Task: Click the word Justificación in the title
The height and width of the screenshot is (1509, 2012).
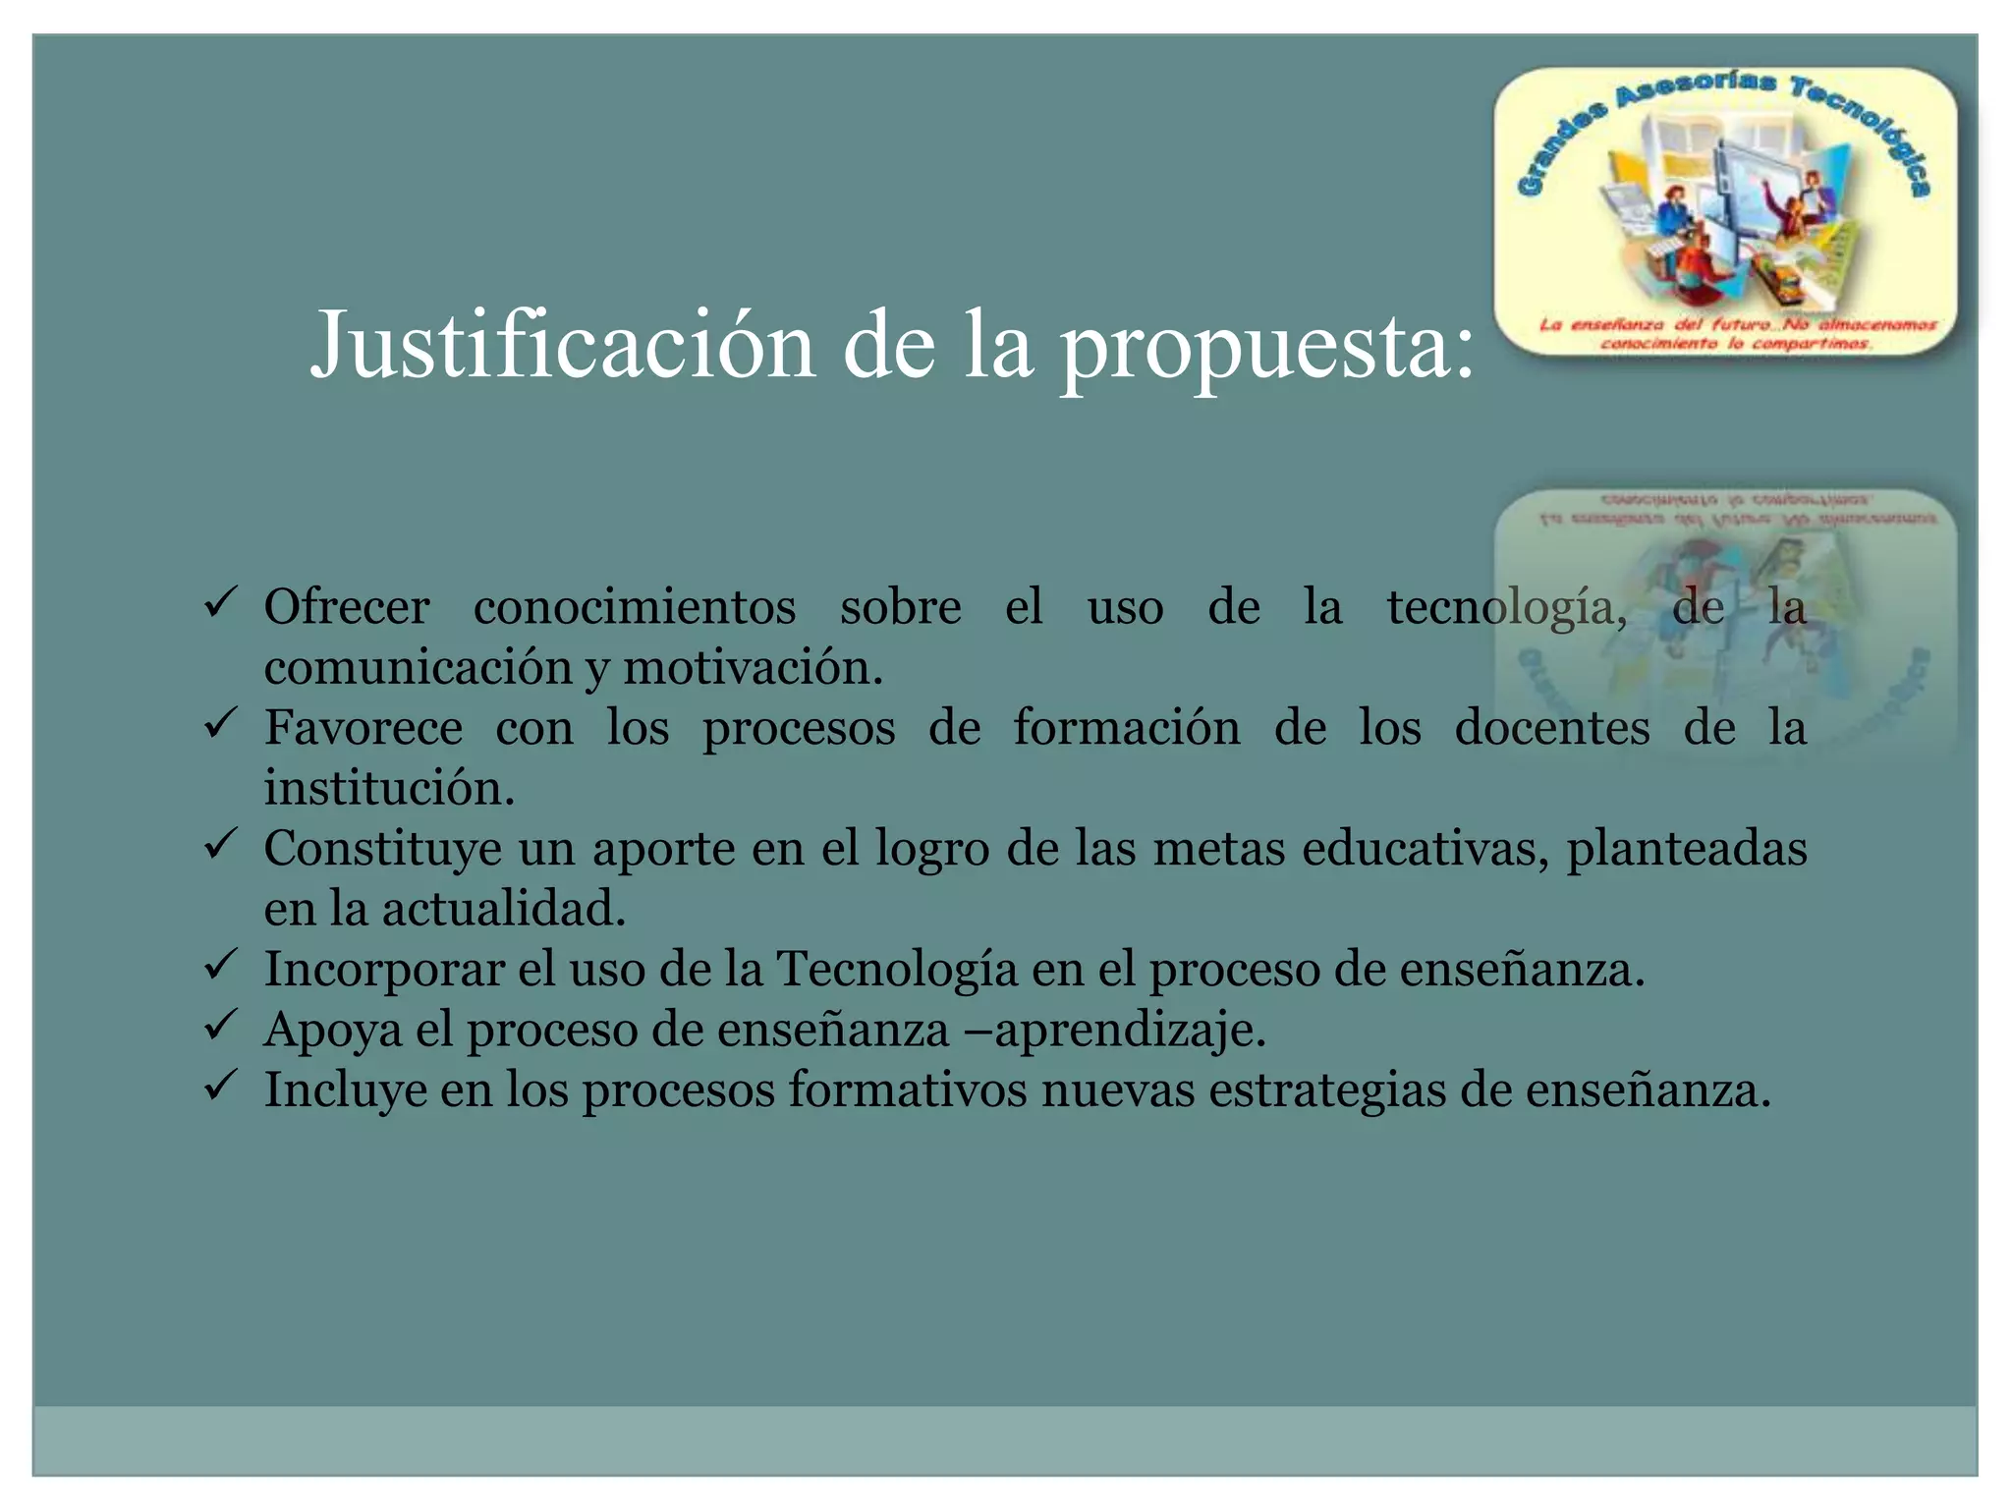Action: pos(563,346)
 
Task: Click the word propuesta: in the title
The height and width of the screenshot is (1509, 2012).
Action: pos(1267,349)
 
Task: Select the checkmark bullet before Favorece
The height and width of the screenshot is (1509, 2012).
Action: pos(219,723)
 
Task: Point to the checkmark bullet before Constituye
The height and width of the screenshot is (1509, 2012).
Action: pos(219,843)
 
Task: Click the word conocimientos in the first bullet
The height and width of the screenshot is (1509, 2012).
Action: pos(634,607)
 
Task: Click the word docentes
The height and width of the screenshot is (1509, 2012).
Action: pos(1551,728)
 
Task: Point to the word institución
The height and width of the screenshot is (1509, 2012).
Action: pos(388,788)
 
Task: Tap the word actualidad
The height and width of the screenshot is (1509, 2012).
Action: pos(503,909)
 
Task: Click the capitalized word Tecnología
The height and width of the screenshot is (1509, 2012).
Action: pos(897,970)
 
